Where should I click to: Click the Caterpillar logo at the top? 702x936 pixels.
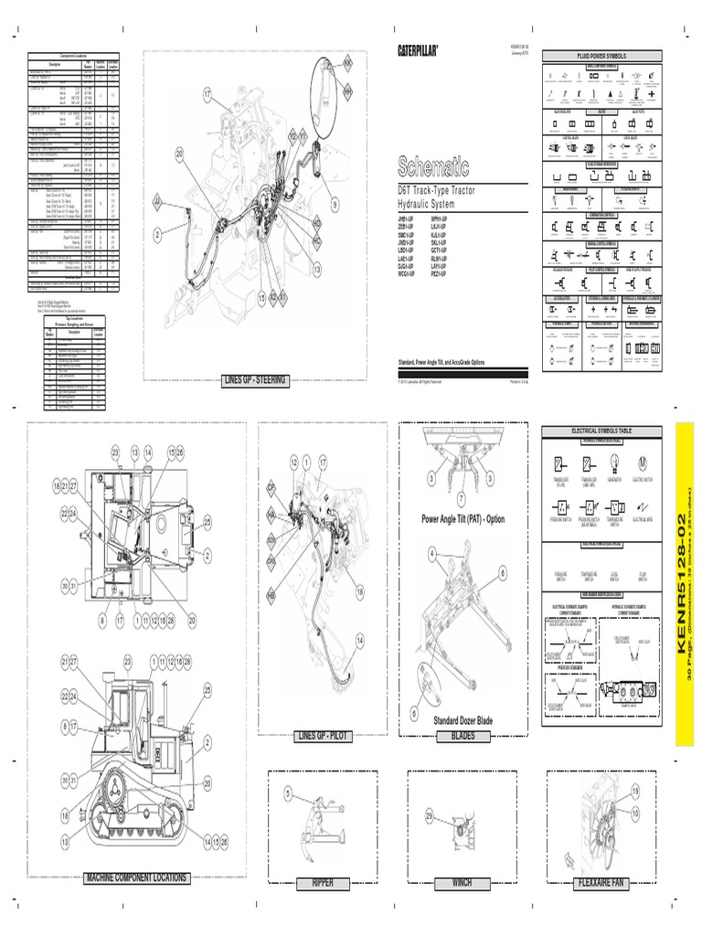(417, 50)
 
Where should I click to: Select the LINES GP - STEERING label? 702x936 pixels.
(255, 380)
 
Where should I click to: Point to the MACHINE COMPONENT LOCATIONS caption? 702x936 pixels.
(137, 877)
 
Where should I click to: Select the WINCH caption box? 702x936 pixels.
(463, 883)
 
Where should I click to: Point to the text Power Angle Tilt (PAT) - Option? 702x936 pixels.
(463, 518)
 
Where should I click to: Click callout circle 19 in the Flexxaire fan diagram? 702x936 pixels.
(634, 790)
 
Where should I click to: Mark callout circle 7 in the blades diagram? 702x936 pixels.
(462, 496)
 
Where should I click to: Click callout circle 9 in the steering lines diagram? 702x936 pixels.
(335, 204)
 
